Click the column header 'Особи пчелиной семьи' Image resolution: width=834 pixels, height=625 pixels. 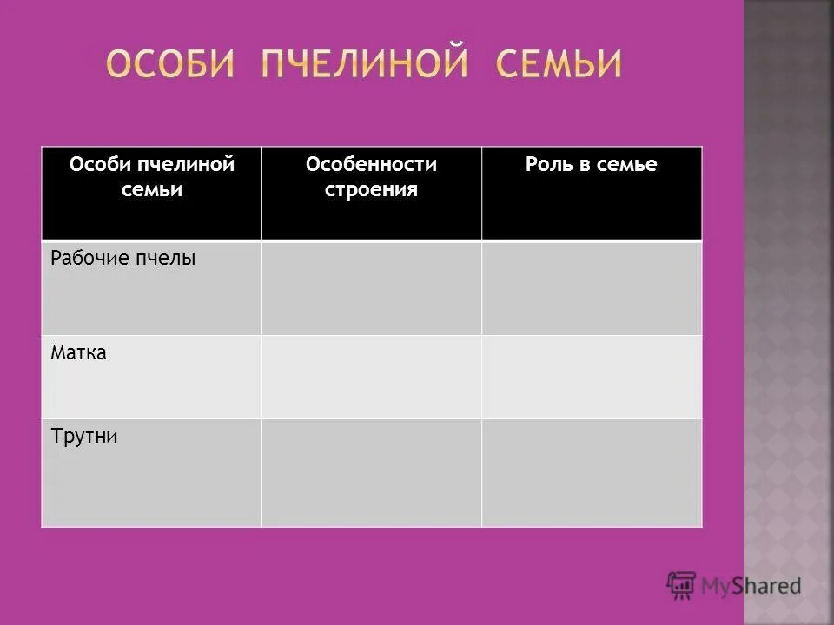coord(152,176)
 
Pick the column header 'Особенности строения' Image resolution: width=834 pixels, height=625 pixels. coord(371,176)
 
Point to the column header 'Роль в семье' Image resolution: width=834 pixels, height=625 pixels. coord(591,165)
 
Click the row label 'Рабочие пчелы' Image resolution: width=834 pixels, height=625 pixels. coord(123,258)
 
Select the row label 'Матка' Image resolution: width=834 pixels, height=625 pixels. coord(78,353)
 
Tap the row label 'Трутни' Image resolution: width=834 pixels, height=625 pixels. coord(84,436)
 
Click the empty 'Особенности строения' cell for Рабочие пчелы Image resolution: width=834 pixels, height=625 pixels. coord(371,287)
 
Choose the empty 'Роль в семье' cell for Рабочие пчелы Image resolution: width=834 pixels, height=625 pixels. coord(592,287)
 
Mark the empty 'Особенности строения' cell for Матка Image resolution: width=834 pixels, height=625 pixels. coord(371,377)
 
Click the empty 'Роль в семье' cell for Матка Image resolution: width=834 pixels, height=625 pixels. coord(592,377)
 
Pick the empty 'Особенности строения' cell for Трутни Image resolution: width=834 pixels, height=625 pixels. coord(371,472)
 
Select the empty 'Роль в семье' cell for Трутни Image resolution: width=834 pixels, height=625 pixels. coord(592,472)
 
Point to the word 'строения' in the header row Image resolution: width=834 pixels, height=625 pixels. coord(371,189)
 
